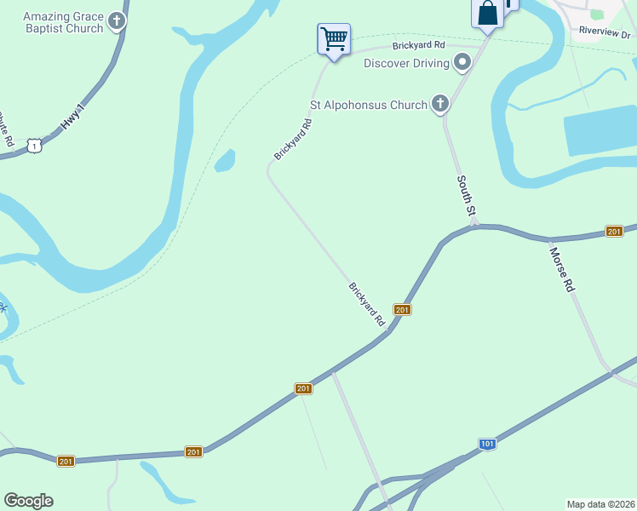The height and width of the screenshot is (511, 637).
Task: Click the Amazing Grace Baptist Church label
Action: click(x=63, y=22)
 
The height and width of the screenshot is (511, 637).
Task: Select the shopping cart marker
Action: click(x=333, y=38)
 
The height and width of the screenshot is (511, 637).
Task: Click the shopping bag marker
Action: click(x=487, y=14)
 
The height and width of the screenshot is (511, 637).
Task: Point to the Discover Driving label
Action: click(x=406, y=63)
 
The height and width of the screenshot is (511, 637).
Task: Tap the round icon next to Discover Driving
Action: click(x=462, y=61)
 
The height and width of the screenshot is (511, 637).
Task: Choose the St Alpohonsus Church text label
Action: click(x=368, y=105)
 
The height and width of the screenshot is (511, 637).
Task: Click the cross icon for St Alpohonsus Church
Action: click(x=439, y=104)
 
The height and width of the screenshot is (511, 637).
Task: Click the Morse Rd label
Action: click(x=561, y=270)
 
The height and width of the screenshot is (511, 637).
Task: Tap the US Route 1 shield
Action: click(x=33, y=146)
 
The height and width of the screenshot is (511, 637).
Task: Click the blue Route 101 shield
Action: click(x=487, y=444)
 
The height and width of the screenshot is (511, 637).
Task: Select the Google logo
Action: click(x=28, y=501)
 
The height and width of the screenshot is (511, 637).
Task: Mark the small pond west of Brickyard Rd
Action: click(x=225, y=161)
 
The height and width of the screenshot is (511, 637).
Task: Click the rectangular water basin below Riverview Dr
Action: click(x=600, y=132)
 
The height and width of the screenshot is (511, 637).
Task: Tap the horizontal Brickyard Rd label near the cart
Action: click(x=418, y=44)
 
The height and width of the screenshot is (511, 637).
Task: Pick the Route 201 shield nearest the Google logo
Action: click(x=66, y=461)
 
